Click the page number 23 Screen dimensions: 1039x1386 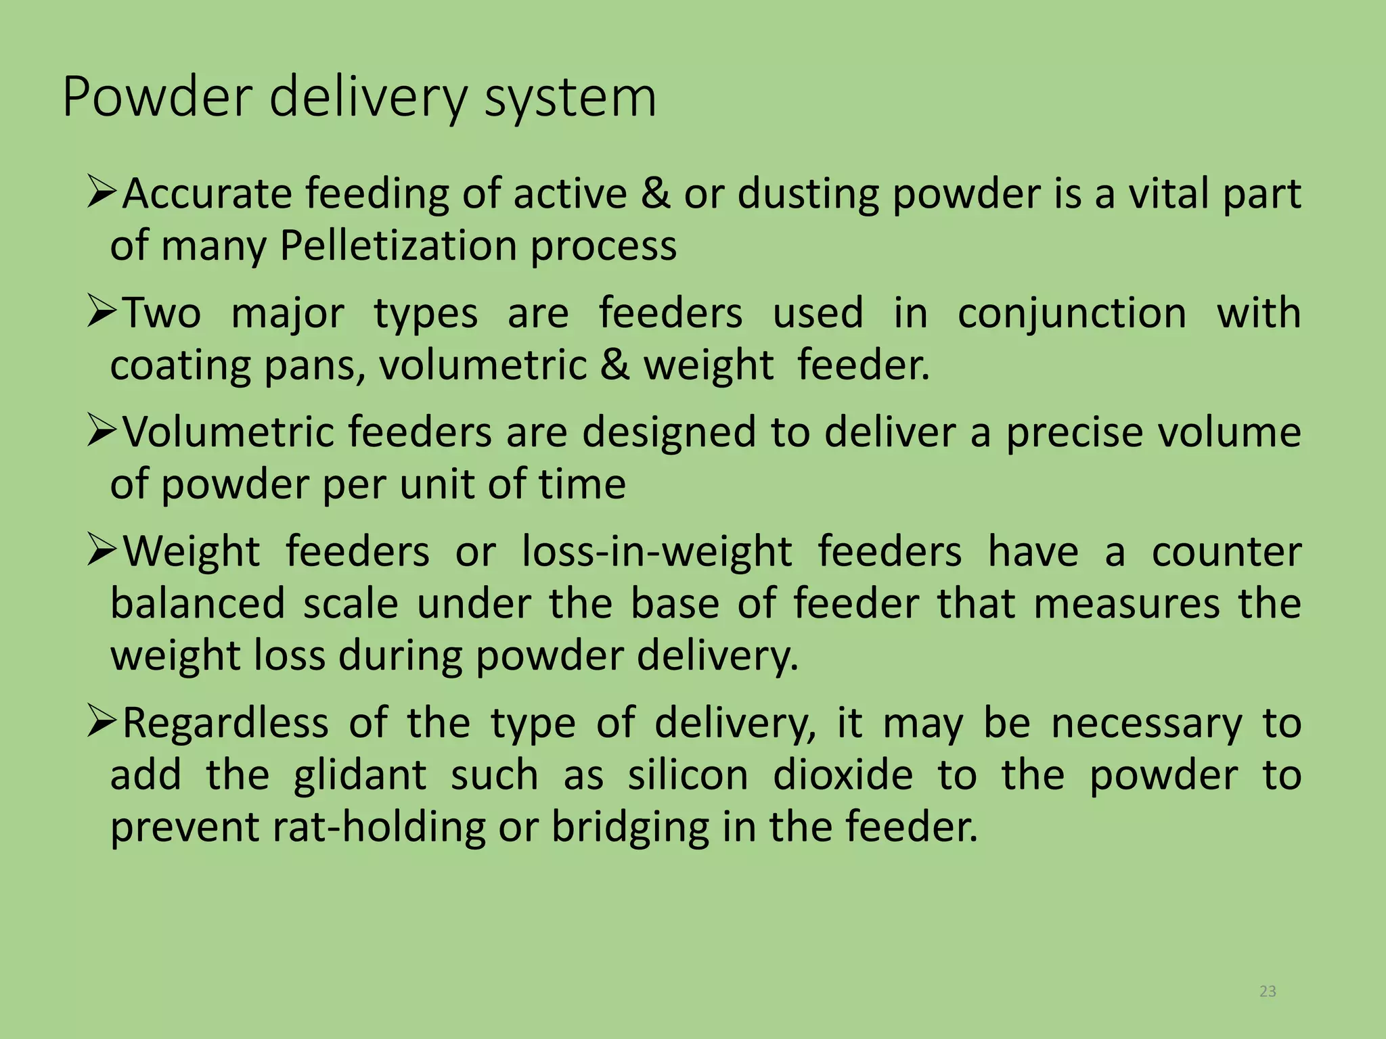tap(1268, 992)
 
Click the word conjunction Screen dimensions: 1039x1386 tap(1072, 314)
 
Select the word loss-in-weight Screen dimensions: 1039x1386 tap(656, 551)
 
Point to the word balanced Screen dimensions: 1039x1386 tap(198, 603)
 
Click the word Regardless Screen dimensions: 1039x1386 tap(226, 723)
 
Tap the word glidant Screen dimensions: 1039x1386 tap(360, 775)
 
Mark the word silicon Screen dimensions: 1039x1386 tap(688, 775)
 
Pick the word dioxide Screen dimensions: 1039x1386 tap(843, 775)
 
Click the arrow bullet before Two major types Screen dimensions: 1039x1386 tap(103, 313)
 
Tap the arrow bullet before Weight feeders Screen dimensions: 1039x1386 tap(103, 551)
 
